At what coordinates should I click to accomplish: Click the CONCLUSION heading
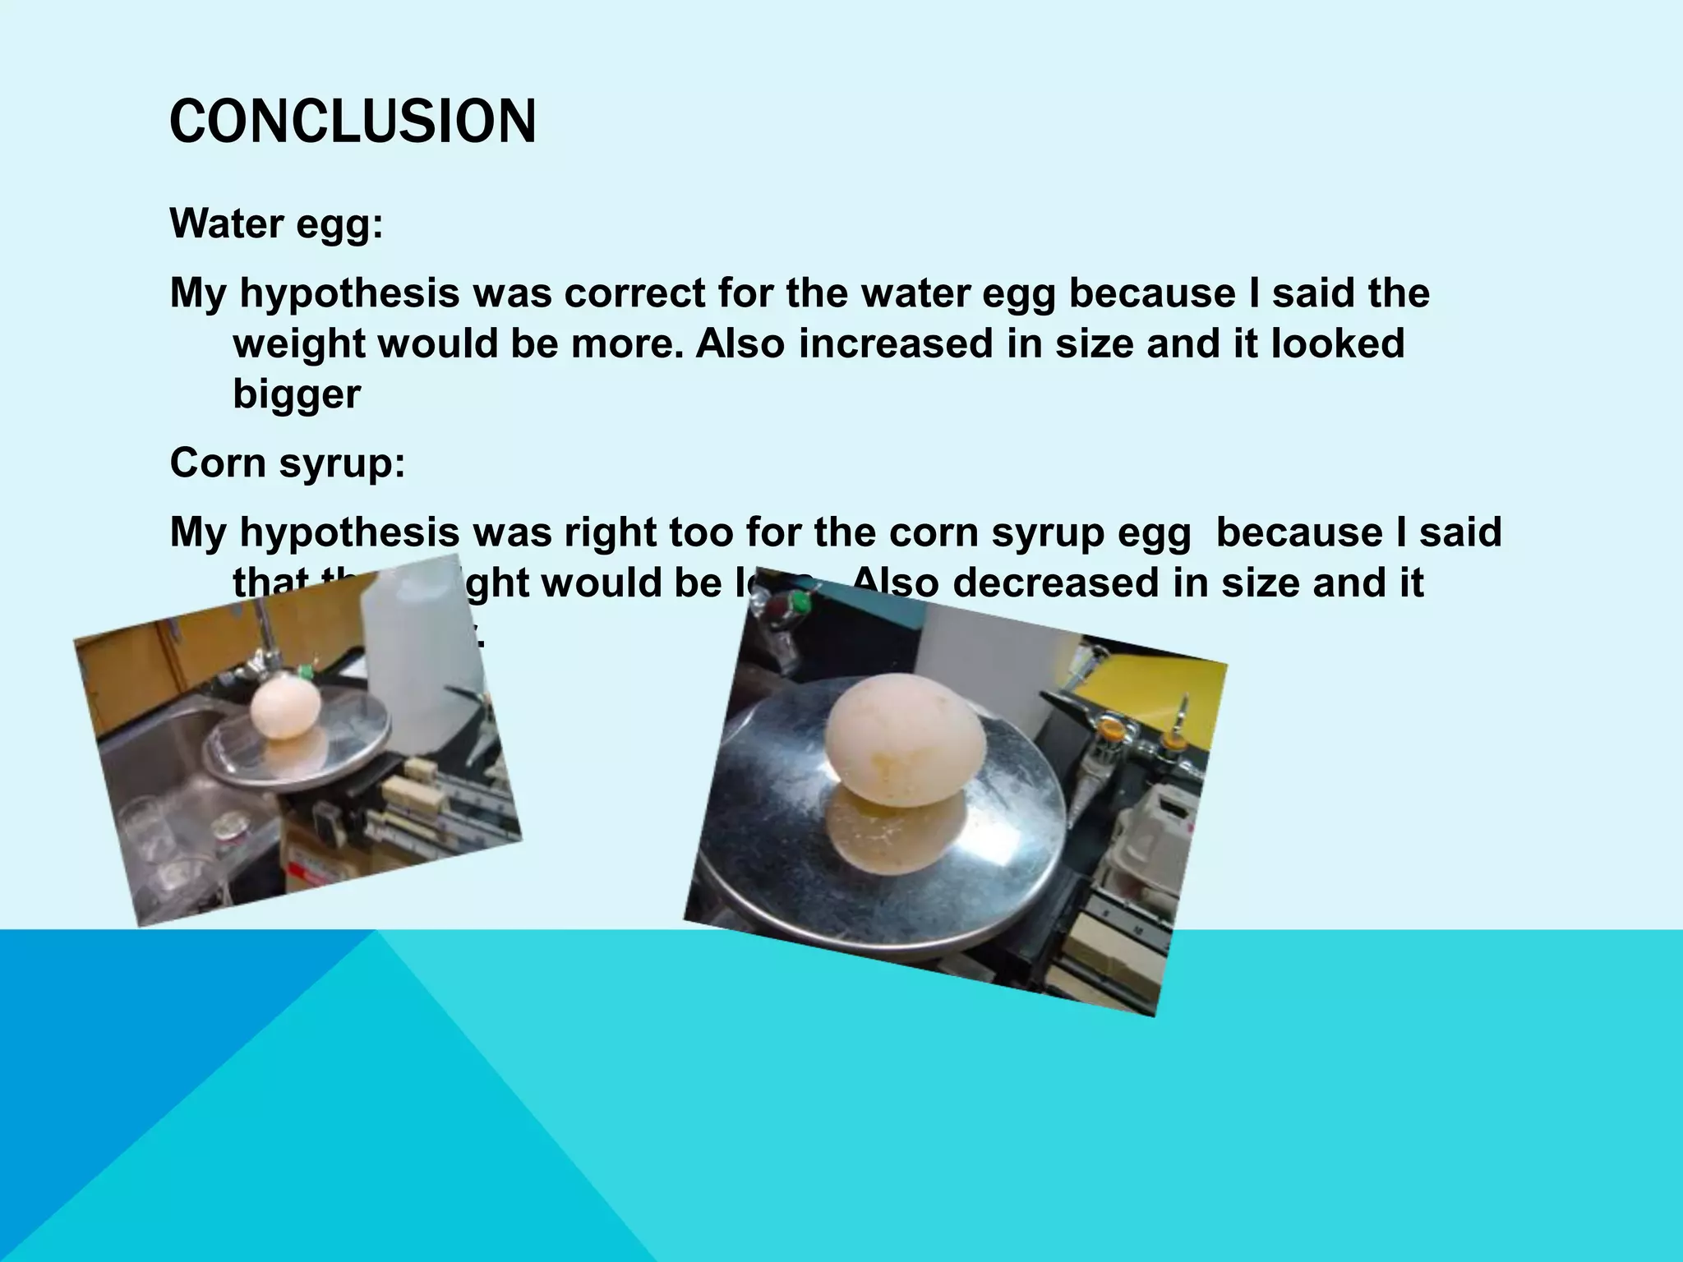coord(353,122)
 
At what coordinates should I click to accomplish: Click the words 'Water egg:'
coord(276,224)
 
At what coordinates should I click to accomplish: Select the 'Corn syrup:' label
coord(288,463)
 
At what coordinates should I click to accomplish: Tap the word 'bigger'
coord(297,394)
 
